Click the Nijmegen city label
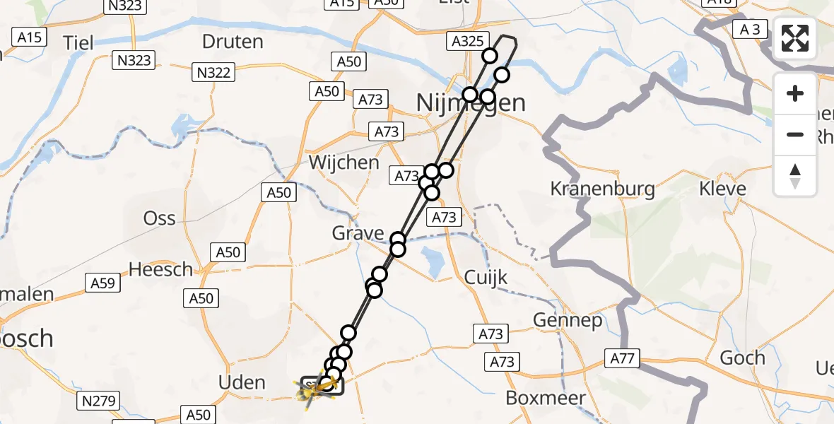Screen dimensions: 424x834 pyautogui.click(x=471, y=103)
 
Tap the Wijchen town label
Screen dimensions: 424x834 pyautogui.click(x=344, y=163)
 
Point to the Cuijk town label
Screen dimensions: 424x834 pyautogui.click(x=486, y=278)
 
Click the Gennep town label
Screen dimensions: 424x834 pyautogui.click(x=568, y=321)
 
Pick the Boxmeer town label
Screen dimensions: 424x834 pyautogui.click(x=546, y=398)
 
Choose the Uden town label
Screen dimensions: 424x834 pyautogui.click(x=242, y=383)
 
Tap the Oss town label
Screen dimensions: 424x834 pyautogui.click(x=159, y=218)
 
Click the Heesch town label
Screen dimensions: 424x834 pyautogui.click(x=161, y=269)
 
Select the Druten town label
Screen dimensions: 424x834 pyautogui.click(x=233, y=41)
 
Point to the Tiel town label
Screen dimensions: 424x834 pyautogui.click(x=78, y=42)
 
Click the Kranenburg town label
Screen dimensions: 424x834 pyautogui.click(x=602, y=189)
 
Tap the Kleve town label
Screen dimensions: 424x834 pyautogui.click(x=722, y=189)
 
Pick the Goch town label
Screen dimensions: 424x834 pyautogui.click(x=742, y=358)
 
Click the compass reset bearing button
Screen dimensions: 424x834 pyautogui.click(x=795, y=175)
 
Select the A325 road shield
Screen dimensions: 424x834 pyautogui.click(x=466, y=42)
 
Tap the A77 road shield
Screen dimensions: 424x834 pyautogui.click(x=622, y=359)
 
